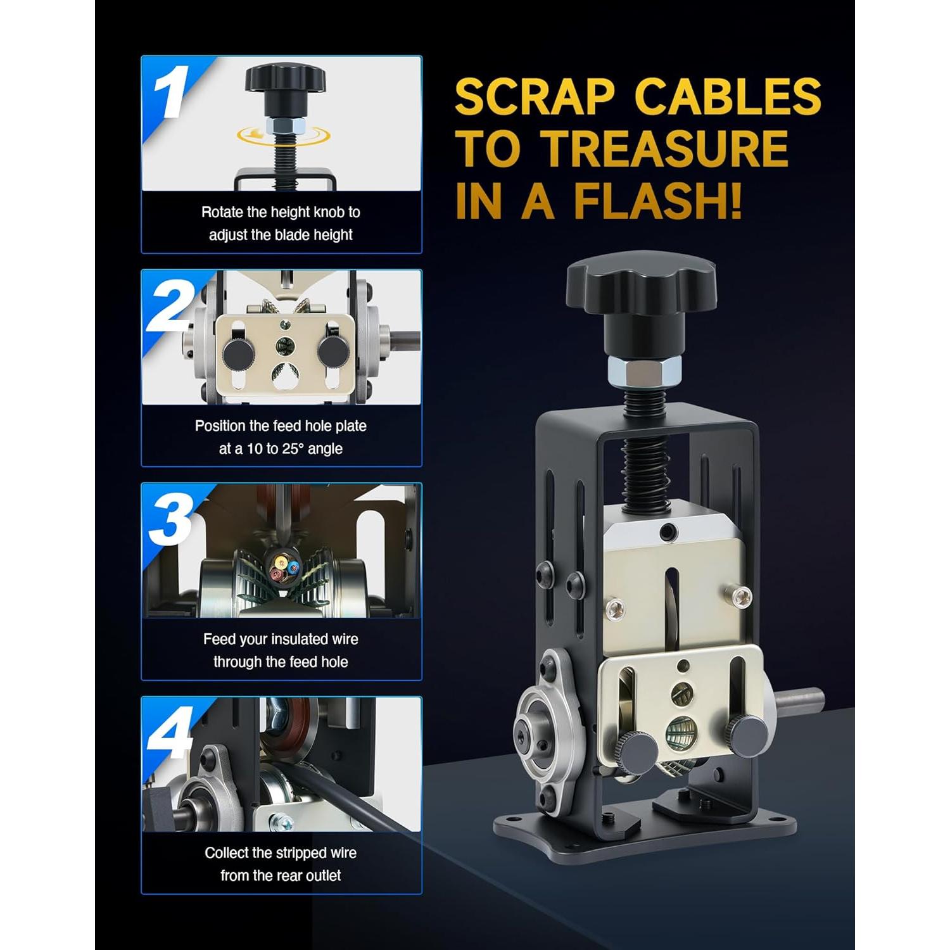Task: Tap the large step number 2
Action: pos(170,307)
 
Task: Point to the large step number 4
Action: pos(170,733)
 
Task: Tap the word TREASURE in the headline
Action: pos(667,149)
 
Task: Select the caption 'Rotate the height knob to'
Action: pos(281,212)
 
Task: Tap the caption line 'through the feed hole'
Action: pos(281,662)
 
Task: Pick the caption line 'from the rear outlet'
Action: pos(281,876)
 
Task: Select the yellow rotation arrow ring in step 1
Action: pos(282,135)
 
